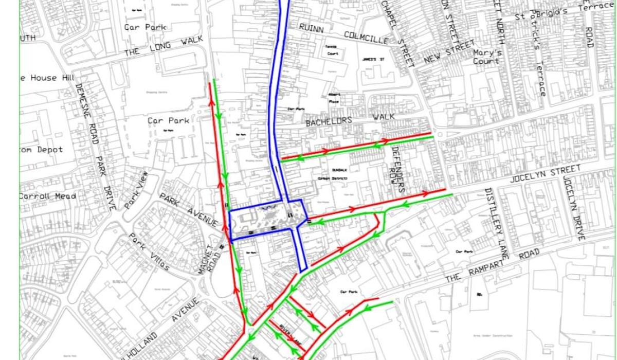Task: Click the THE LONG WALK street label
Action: point(164,46)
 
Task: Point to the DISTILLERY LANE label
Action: point(497,223)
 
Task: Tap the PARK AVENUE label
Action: point(189,210)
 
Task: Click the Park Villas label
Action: point(149,253)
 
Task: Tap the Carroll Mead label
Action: point(47,196)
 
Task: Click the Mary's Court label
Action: point(487,57)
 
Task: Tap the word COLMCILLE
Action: point(364,36)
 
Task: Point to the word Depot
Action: point(49,150)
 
